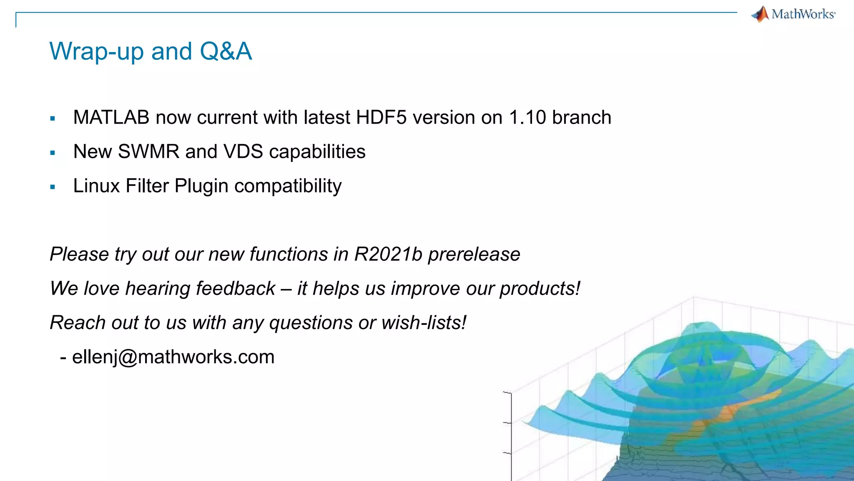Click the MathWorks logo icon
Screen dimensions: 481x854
761,14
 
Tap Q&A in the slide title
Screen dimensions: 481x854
226,51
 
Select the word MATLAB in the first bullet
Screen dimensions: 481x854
111,117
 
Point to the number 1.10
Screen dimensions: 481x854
527,117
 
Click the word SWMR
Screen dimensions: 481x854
148,152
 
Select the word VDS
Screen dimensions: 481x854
243,152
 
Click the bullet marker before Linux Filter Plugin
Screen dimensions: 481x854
53,187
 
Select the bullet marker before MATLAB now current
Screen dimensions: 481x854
53,119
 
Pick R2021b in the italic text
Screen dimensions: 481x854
388,254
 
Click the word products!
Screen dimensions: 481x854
540,289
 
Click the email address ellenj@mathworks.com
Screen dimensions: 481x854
173,357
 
